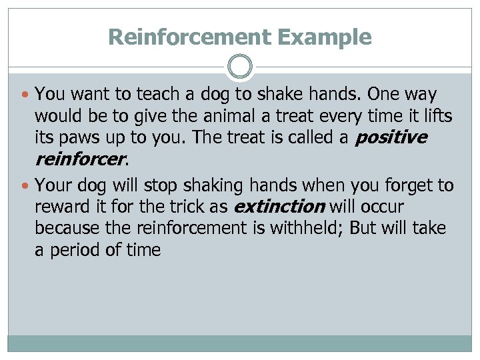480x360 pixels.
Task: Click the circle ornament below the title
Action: click(239, 67)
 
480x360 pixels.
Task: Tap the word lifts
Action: click(436, 117)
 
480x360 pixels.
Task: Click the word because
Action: click(65, 229)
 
